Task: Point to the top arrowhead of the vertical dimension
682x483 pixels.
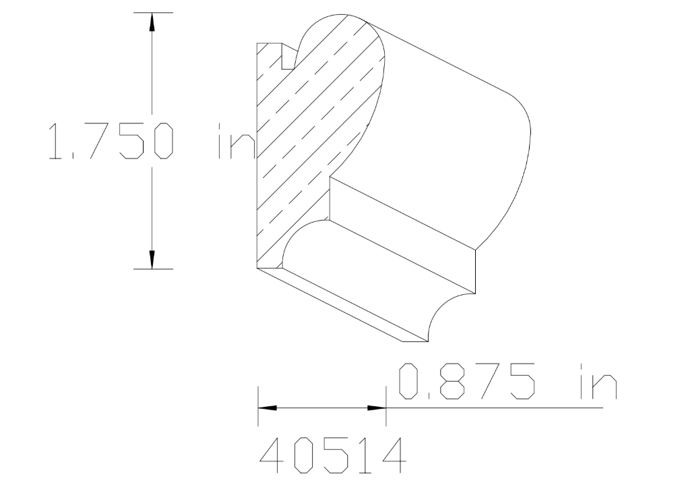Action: [152, 22]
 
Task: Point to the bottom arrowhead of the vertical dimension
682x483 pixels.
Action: [152, 259]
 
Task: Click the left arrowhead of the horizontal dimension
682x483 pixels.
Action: [268, 408]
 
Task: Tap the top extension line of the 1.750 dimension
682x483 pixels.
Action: [154, 12]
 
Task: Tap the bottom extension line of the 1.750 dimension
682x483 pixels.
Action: [154, 268]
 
